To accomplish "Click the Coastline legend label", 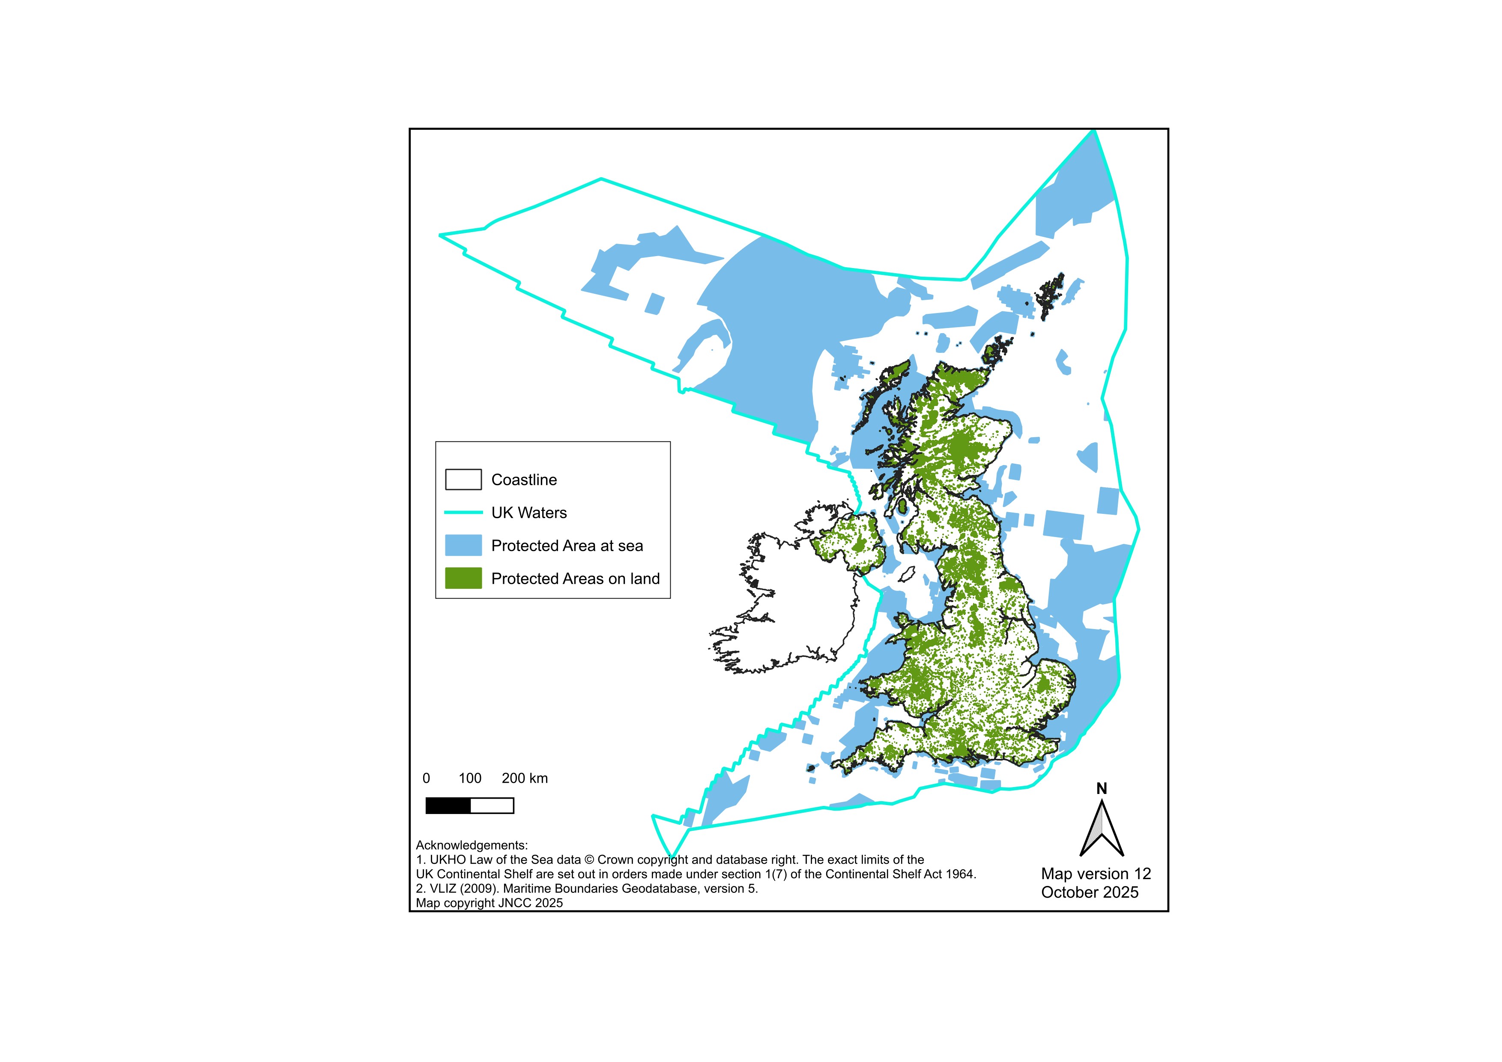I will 523,480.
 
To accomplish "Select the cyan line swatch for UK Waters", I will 463,513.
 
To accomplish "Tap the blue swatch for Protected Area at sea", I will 463,546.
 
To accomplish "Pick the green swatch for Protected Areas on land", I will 463,578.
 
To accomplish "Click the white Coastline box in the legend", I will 463,479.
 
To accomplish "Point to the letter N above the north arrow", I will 1102,789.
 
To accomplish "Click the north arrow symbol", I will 1102,829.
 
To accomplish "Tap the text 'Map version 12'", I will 1096,874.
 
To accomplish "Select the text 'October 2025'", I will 1090,892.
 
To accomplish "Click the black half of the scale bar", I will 448,805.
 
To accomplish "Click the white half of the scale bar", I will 492,805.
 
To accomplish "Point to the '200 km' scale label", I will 525,778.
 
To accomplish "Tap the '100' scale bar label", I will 470,778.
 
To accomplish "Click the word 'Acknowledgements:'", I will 472,846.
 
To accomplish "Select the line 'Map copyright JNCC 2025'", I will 490,903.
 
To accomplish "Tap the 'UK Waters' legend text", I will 529,513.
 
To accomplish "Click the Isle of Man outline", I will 907,575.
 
